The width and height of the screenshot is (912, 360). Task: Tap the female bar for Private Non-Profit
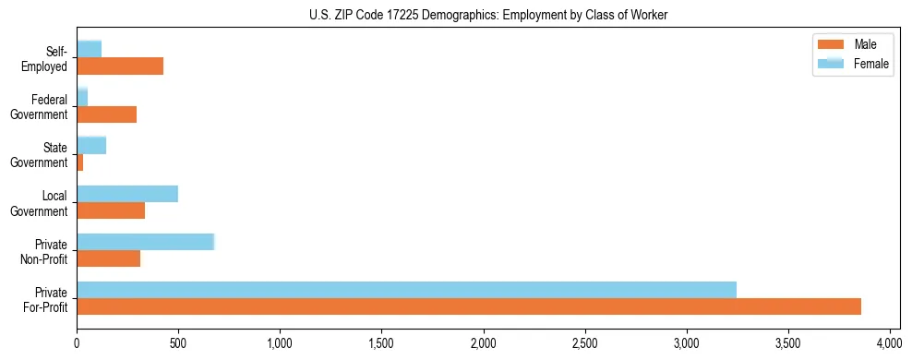coord(145,242)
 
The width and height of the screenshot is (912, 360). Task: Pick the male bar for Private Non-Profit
coord(108,258)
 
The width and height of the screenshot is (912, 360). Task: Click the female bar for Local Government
coord(127,194)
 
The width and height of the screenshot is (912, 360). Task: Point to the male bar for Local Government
coord(111,210)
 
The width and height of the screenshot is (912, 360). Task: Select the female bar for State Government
coord(91,145)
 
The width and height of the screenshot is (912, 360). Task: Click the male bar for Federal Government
coord(106,114)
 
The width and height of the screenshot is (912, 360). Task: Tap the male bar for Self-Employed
coord(120,66)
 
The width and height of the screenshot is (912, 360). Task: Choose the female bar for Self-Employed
coord(89,49)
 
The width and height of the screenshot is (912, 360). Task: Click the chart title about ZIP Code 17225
coord(455,14)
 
